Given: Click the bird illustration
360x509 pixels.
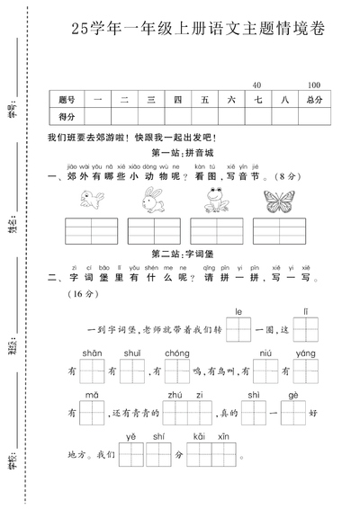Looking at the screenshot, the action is tap(87, 202).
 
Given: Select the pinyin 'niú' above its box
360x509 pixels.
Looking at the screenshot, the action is tap(266, 353).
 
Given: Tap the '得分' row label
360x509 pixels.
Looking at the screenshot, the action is tap(67, 117).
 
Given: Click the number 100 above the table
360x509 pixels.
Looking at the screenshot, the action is tap(314, 84).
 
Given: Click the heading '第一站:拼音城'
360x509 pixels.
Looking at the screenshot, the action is tap(181, 152).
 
